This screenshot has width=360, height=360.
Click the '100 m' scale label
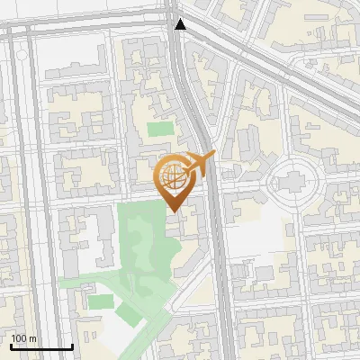23,338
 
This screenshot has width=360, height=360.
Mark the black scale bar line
41,346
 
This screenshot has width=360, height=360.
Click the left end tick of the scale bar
11,345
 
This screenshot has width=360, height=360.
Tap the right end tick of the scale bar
72,345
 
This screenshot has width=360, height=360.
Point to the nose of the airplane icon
213,157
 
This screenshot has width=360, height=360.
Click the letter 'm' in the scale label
32,338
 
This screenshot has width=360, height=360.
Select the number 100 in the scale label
19,338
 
